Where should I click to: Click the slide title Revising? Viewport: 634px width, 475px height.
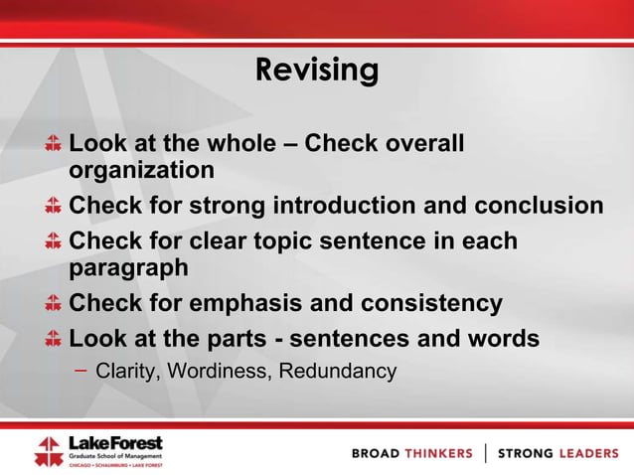click(x=317, y=70)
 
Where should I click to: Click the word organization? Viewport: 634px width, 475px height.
click(x=141, y=171)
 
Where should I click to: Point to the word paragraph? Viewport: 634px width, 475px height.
click(x=128, y=268)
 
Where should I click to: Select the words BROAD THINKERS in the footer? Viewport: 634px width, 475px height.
click(x=412, y=453)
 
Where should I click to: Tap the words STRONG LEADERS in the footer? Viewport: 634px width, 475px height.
click(x=557, y=453)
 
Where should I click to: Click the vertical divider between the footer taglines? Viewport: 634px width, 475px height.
click(x=485, y=453)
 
